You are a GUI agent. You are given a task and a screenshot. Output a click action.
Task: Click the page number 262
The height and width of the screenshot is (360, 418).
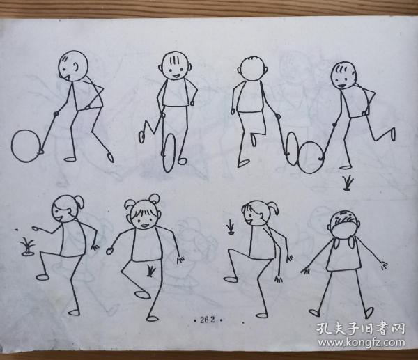pos(206,321)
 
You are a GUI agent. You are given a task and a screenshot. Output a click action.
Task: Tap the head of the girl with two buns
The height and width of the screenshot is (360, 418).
pos(142,215)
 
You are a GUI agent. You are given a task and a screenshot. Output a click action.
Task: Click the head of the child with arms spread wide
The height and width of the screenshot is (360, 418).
pos(343,223)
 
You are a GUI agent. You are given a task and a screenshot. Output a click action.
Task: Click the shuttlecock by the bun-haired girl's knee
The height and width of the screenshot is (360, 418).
pos(151,269)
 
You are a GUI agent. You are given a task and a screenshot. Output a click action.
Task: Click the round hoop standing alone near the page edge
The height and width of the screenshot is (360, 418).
pos(27,145)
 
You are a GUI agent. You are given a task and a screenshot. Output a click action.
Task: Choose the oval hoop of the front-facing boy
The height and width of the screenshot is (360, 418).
pos(169,150)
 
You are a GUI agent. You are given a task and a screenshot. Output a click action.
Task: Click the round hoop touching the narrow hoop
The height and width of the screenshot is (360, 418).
pos(312,155)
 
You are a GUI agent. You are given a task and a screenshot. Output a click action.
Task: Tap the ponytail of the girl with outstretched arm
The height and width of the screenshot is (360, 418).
pos(79,202)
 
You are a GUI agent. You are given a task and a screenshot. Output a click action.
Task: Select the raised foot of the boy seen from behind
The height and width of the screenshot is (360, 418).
pos(255,139)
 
